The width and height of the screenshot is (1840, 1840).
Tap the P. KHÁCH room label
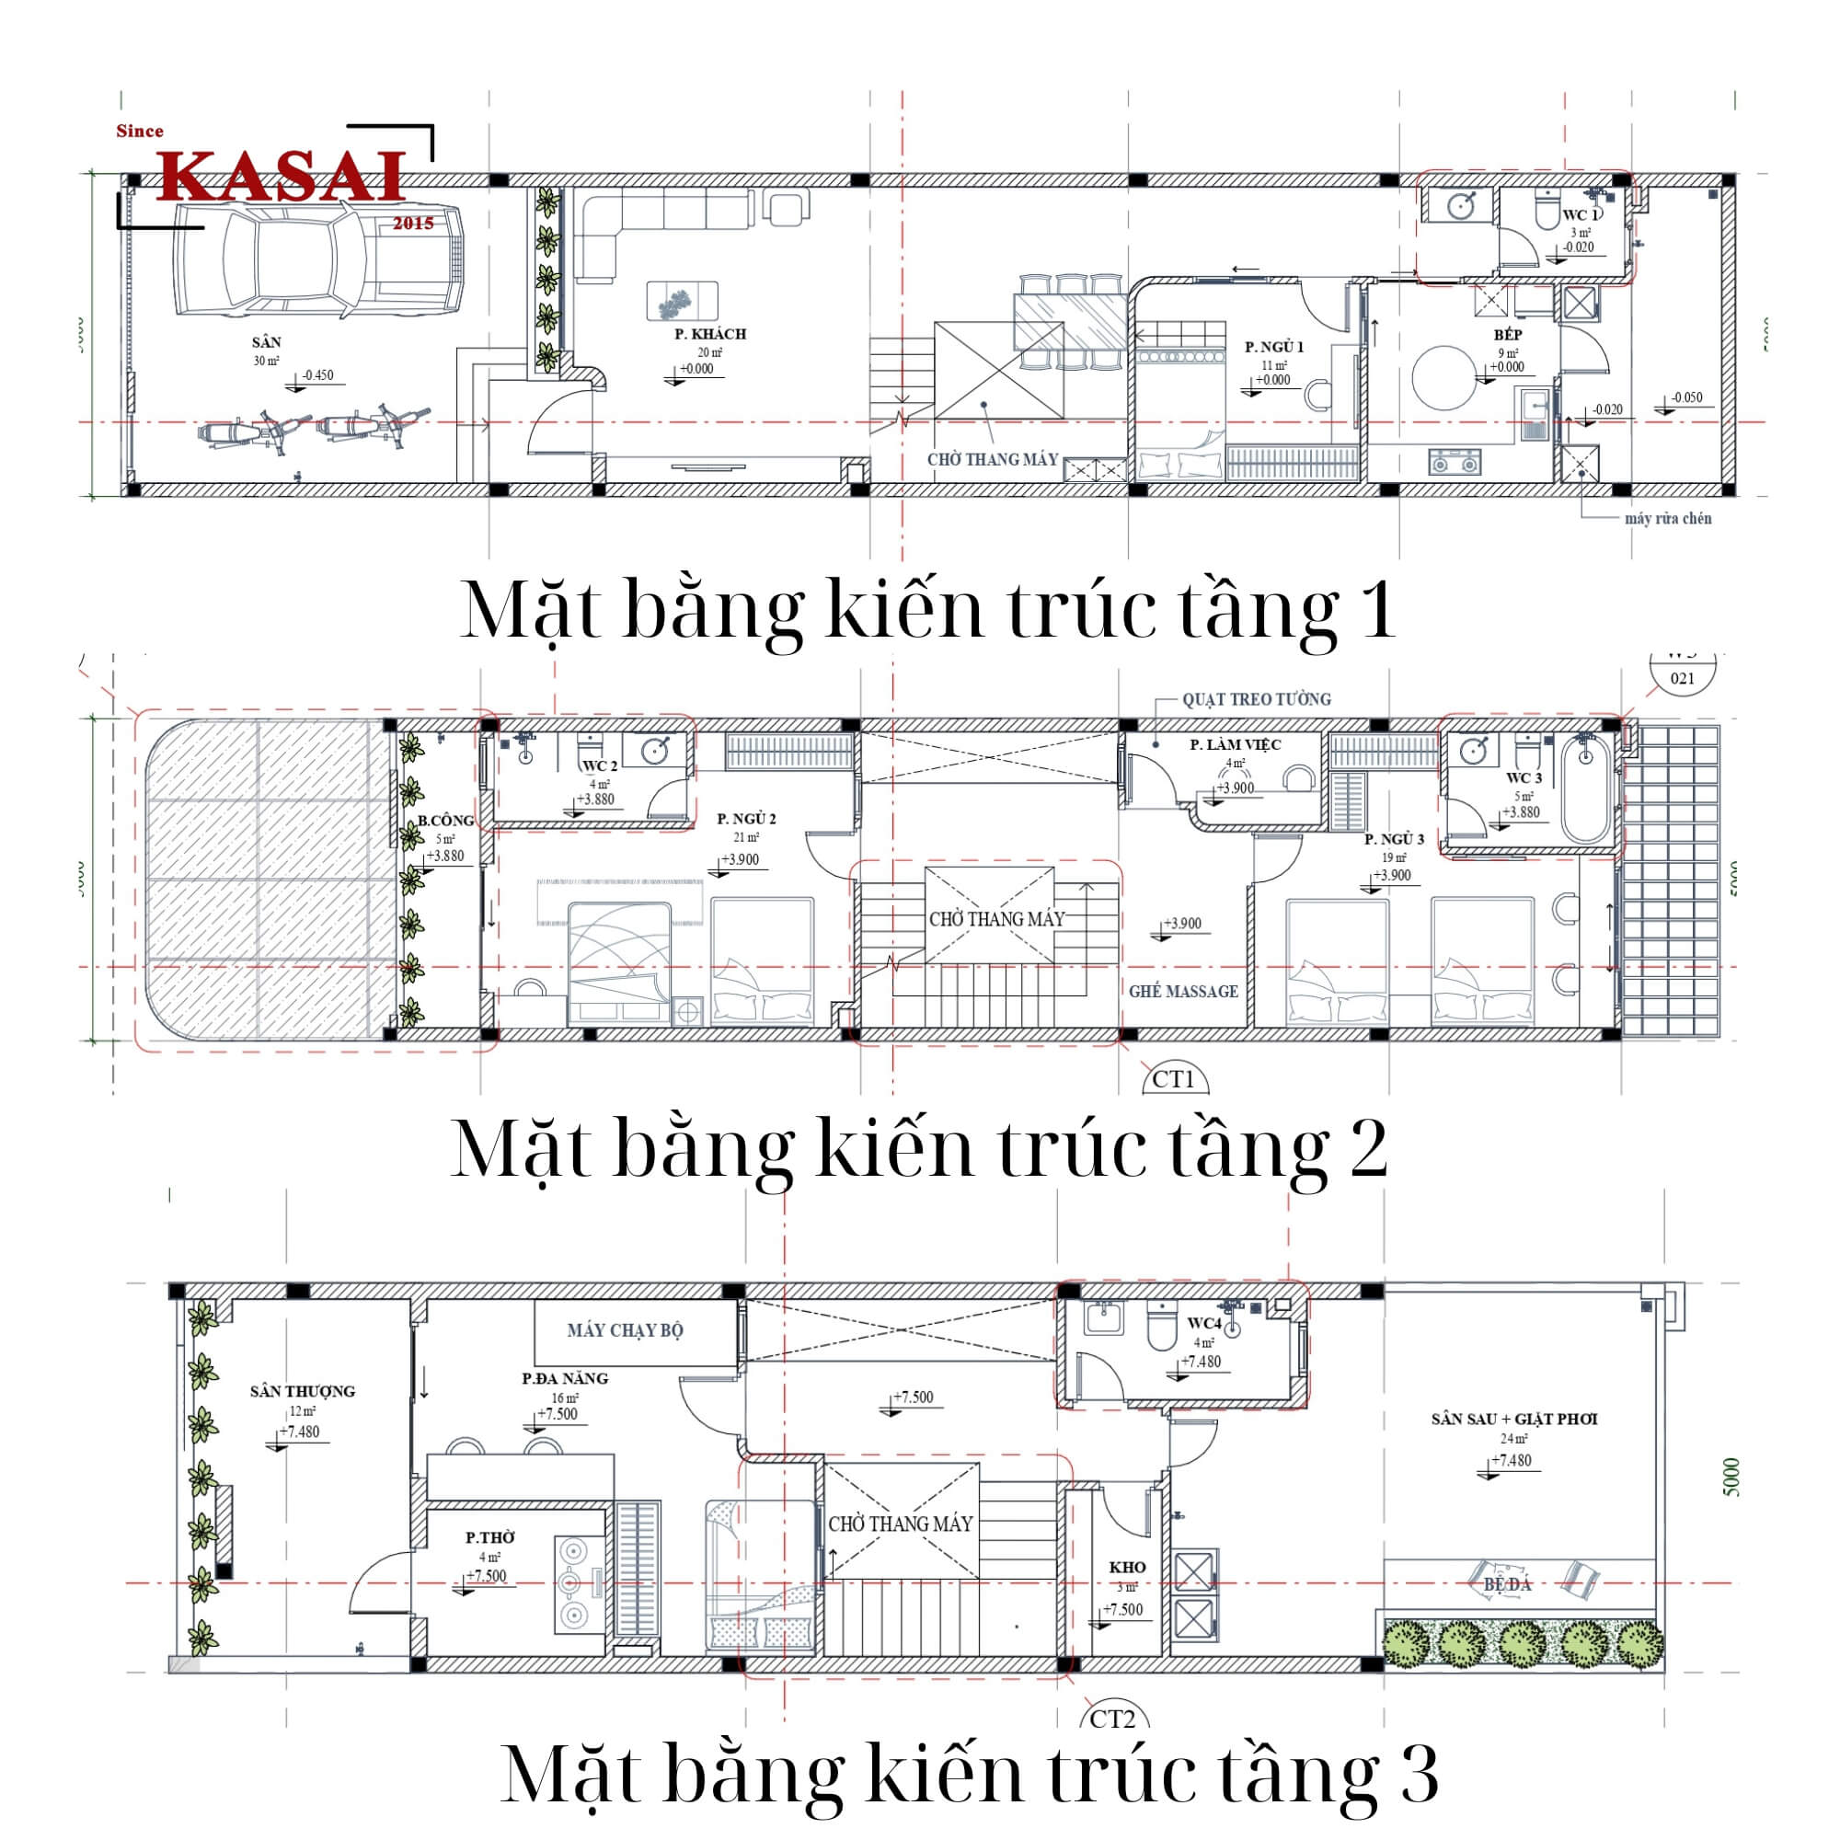[709, 334]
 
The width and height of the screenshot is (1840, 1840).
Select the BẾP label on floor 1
[1508, 335]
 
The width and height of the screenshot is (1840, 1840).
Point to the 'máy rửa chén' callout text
[1668, 519]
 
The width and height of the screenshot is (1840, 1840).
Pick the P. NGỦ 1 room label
[1273, 347]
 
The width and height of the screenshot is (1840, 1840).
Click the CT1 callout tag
[1173, 1080]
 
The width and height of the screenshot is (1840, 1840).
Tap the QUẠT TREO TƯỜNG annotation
[1256, 699]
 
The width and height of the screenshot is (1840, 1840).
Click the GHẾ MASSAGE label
[1183, 992]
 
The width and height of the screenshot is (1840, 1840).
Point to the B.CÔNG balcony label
[444, 821]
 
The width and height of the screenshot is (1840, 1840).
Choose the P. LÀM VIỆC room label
[1236, 745]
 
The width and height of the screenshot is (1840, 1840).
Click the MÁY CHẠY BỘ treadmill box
[625, 1330]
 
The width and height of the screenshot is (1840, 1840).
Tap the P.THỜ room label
[489, 1537]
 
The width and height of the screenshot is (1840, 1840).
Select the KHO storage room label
[1127, 1567]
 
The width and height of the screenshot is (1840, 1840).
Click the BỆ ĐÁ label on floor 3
[1508, 1585]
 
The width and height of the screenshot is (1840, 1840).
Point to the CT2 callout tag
[1112, 1719]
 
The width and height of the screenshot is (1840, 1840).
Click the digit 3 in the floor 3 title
[1418, 1774]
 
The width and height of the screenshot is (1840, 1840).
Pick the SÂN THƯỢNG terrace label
[302, 1391]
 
